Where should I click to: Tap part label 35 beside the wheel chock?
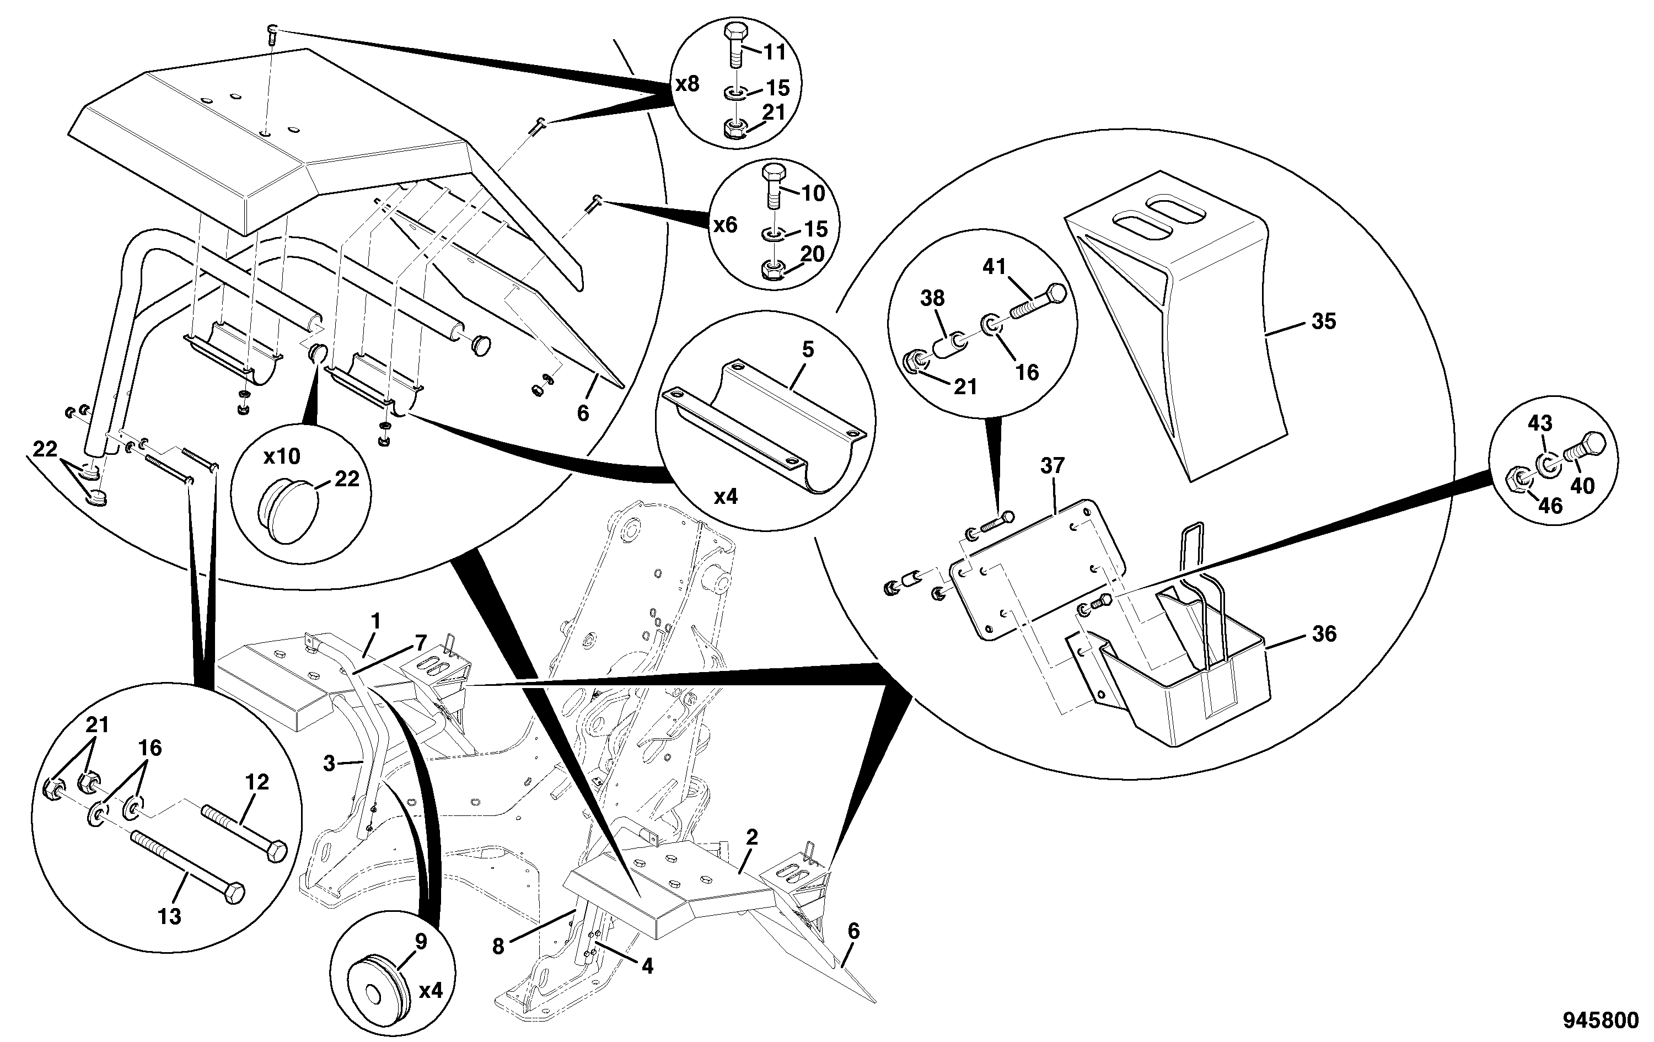(1324, 321)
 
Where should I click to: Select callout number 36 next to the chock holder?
(1324, 634)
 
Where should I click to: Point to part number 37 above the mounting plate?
(1053, 466)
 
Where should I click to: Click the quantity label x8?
(688, 84)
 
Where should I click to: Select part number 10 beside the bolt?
(813, 193)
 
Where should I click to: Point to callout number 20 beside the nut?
(813, 254)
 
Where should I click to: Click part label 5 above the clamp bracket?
(808, 350)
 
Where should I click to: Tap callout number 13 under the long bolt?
(170, 916)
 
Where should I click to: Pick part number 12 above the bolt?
(257, 782)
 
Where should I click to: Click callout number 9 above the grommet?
(421, 941)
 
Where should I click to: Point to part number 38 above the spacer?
(933, 298)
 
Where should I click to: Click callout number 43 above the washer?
(1539, 423)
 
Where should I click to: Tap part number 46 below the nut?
(1550, 506)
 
